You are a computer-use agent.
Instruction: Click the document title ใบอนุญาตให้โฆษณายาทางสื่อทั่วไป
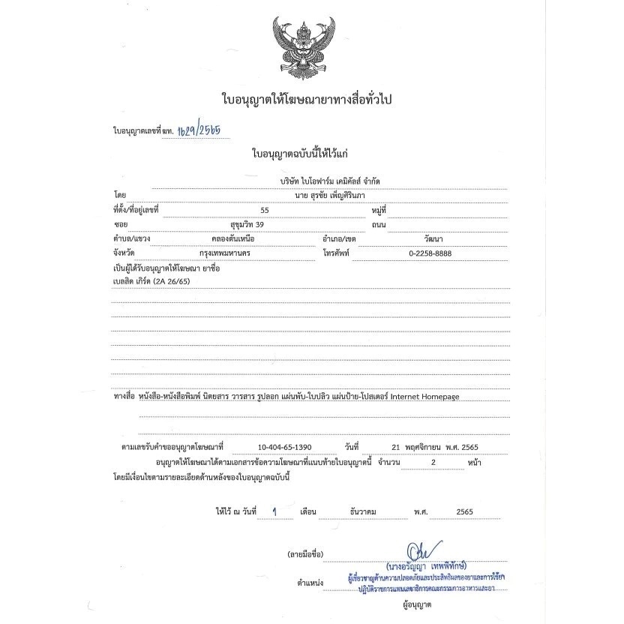tap(307, 99)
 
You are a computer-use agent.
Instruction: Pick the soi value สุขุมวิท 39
tap(247, 223)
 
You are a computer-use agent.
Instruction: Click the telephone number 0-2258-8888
tap(429, 252)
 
